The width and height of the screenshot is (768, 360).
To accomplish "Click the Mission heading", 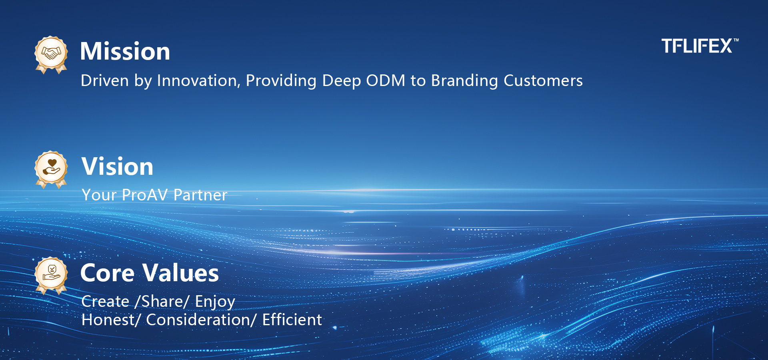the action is click(x=125, y=51).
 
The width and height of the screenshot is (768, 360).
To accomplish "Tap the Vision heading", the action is click(x=118, y=166).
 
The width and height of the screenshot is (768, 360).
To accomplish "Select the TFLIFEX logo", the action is click(x=700, y=46).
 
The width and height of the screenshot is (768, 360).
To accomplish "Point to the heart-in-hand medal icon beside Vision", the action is click(x=51, y=170).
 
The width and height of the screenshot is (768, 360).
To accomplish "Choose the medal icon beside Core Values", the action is click(x=51, y=276).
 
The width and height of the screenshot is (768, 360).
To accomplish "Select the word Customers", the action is click(x=543, y=81).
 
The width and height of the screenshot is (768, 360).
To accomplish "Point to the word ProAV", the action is click(x=145, y=195).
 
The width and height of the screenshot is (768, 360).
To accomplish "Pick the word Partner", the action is click(x=200, y=195).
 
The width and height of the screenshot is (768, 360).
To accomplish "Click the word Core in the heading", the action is click(x=108, y=273).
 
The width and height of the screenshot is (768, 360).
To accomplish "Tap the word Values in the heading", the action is click(x=181, y=273).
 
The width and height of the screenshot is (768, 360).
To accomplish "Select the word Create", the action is click(x=106, y=302).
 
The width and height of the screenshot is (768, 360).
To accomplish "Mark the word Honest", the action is click(x=108, y=320).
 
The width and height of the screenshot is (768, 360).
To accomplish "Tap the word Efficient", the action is click(x=292, y=320).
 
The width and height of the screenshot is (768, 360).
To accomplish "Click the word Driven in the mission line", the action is click(x=105, y=81).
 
